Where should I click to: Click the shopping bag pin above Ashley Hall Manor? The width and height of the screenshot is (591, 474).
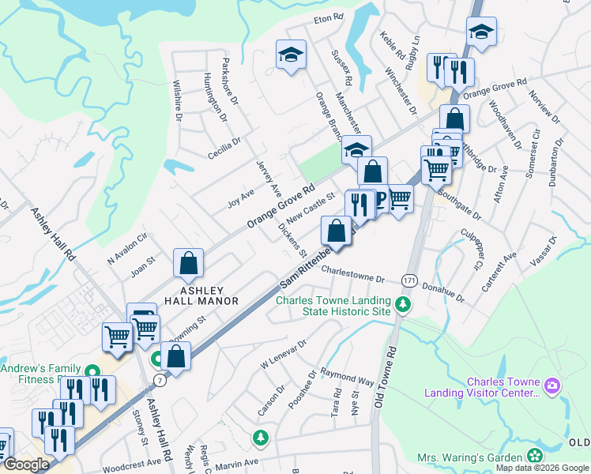(x=189, y=265)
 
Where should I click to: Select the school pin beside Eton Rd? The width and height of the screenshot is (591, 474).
(x=291, y=55)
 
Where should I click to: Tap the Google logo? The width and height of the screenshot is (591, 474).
(x=26, y=465)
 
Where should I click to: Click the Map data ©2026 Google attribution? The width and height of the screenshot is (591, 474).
(x=541, y=468)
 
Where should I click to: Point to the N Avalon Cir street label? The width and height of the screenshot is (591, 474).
(x=127, y=246)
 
